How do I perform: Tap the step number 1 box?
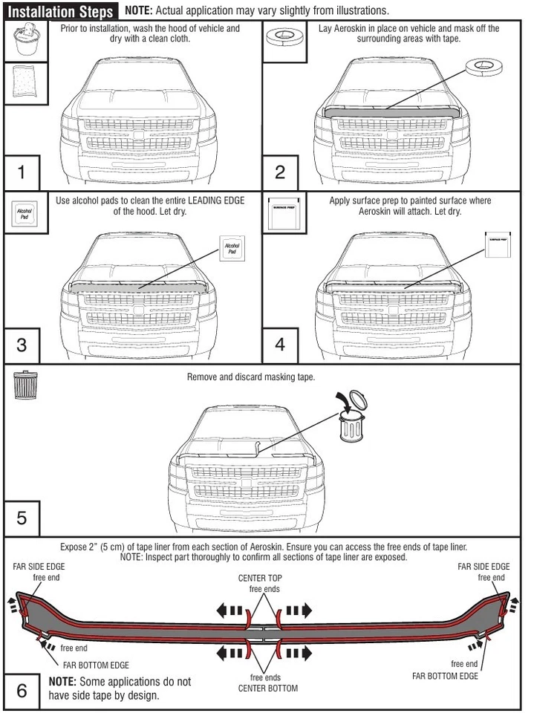click(22, 172)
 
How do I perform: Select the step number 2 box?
click(281, 172)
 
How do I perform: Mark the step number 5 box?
click(22, 518)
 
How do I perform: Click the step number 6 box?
click(22, 690)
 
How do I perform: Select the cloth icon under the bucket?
click(27, 85)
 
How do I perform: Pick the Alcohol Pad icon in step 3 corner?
click(25, 215)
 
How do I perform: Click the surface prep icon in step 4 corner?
click(282, 215)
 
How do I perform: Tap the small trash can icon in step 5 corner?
click(24, 385)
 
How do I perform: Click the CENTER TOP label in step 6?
click(260, 578)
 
